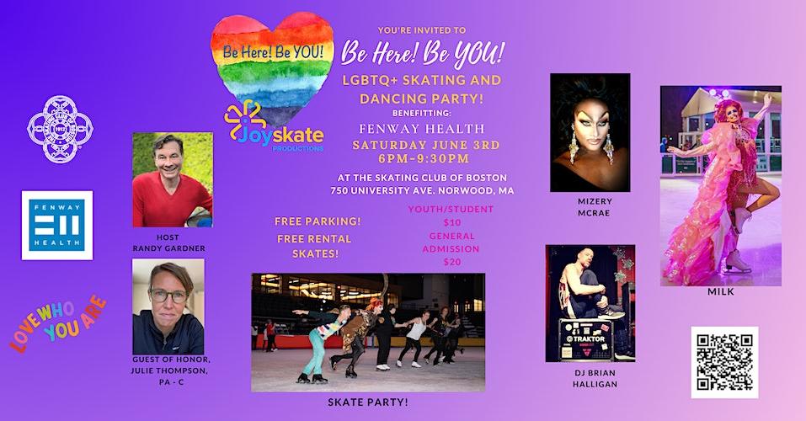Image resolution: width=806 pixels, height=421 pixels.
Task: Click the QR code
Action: [724, 362]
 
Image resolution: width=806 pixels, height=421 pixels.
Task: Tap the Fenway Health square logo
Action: [57, 225]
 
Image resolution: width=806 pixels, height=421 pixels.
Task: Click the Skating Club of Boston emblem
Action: [60, 129]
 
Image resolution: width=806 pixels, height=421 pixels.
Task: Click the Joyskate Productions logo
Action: [274, 126]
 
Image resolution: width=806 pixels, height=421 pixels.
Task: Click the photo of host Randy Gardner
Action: [173, 179]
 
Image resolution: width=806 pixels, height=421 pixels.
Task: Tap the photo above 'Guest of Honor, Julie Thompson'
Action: [168, 306]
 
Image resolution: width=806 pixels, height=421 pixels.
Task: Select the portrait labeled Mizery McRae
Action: [590, 133]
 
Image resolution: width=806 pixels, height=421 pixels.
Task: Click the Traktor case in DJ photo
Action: [586, 340]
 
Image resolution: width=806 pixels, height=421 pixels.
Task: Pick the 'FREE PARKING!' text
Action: [318, 221]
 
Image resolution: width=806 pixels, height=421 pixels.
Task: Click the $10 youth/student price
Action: [452, 222]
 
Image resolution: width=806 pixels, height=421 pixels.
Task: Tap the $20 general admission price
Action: [452, 262]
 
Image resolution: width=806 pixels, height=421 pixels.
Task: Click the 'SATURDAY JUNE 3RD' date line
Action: [426, 145]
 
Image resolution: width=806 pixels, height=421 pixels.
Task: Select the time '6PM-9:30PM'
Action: [424, 159]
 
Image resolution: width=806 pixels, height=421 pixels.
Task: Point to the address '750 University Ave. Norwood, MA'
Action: [422, 190]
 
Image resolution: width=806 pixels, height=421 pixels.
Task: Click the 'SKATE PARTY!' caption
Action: [368, 402]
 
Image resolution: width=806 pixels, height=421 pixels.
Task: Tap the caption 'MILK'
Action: [721, 291]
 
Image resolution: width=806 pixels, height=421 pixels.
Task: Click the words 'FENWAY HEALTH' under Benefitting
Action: [422, 129]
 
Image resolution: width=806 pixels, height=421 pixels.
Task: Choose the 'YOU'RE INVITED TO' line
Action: [422, 30]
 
